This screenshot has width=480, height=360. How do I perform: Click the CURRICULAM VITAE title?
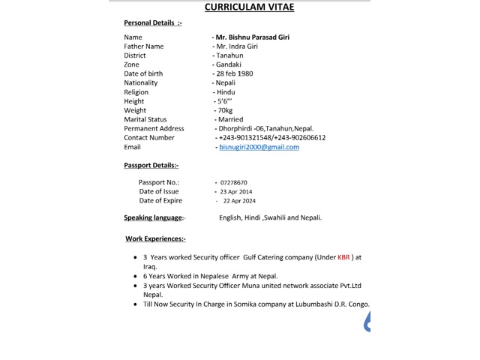(x=250, y=7)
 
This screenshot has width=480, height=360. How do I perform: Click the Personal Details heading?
(x=152, y=22)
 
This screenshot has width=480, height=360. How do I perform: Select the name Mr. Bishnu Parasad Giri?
(x=252, y=37)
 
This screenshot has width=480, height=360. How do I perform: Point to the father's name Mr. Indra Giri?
(x=237, y=46)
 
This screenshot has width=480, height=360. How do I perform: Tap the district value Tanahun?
(x=229, y=55)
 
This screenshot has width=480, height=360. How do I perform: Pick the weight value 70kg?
(x=224, y=110)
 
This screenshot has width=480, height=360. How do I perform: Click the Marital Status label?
(x=145, y=119)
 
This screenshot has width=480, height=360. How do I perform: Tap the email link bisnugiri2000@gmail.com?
(x=259, y=147)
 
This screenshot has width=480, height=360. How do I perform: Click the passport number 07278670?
(x=234, y=182)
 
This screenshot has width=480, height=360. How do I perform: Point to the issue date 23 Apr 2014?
(x=235, y=192)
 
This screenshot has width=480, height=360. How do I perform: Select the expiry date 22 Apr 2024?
(x=239, y=201)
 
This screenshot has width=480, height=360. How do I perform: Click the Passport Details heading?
(x=151, y=165)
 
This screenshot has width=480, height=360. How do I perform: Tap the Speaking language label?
(x=154, y=217)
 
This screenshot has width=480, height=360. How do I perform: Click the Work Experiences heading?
(x=155, y=238)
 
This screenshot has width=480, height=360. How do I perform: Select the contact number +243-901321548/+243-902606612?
(x=271, y=138)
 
